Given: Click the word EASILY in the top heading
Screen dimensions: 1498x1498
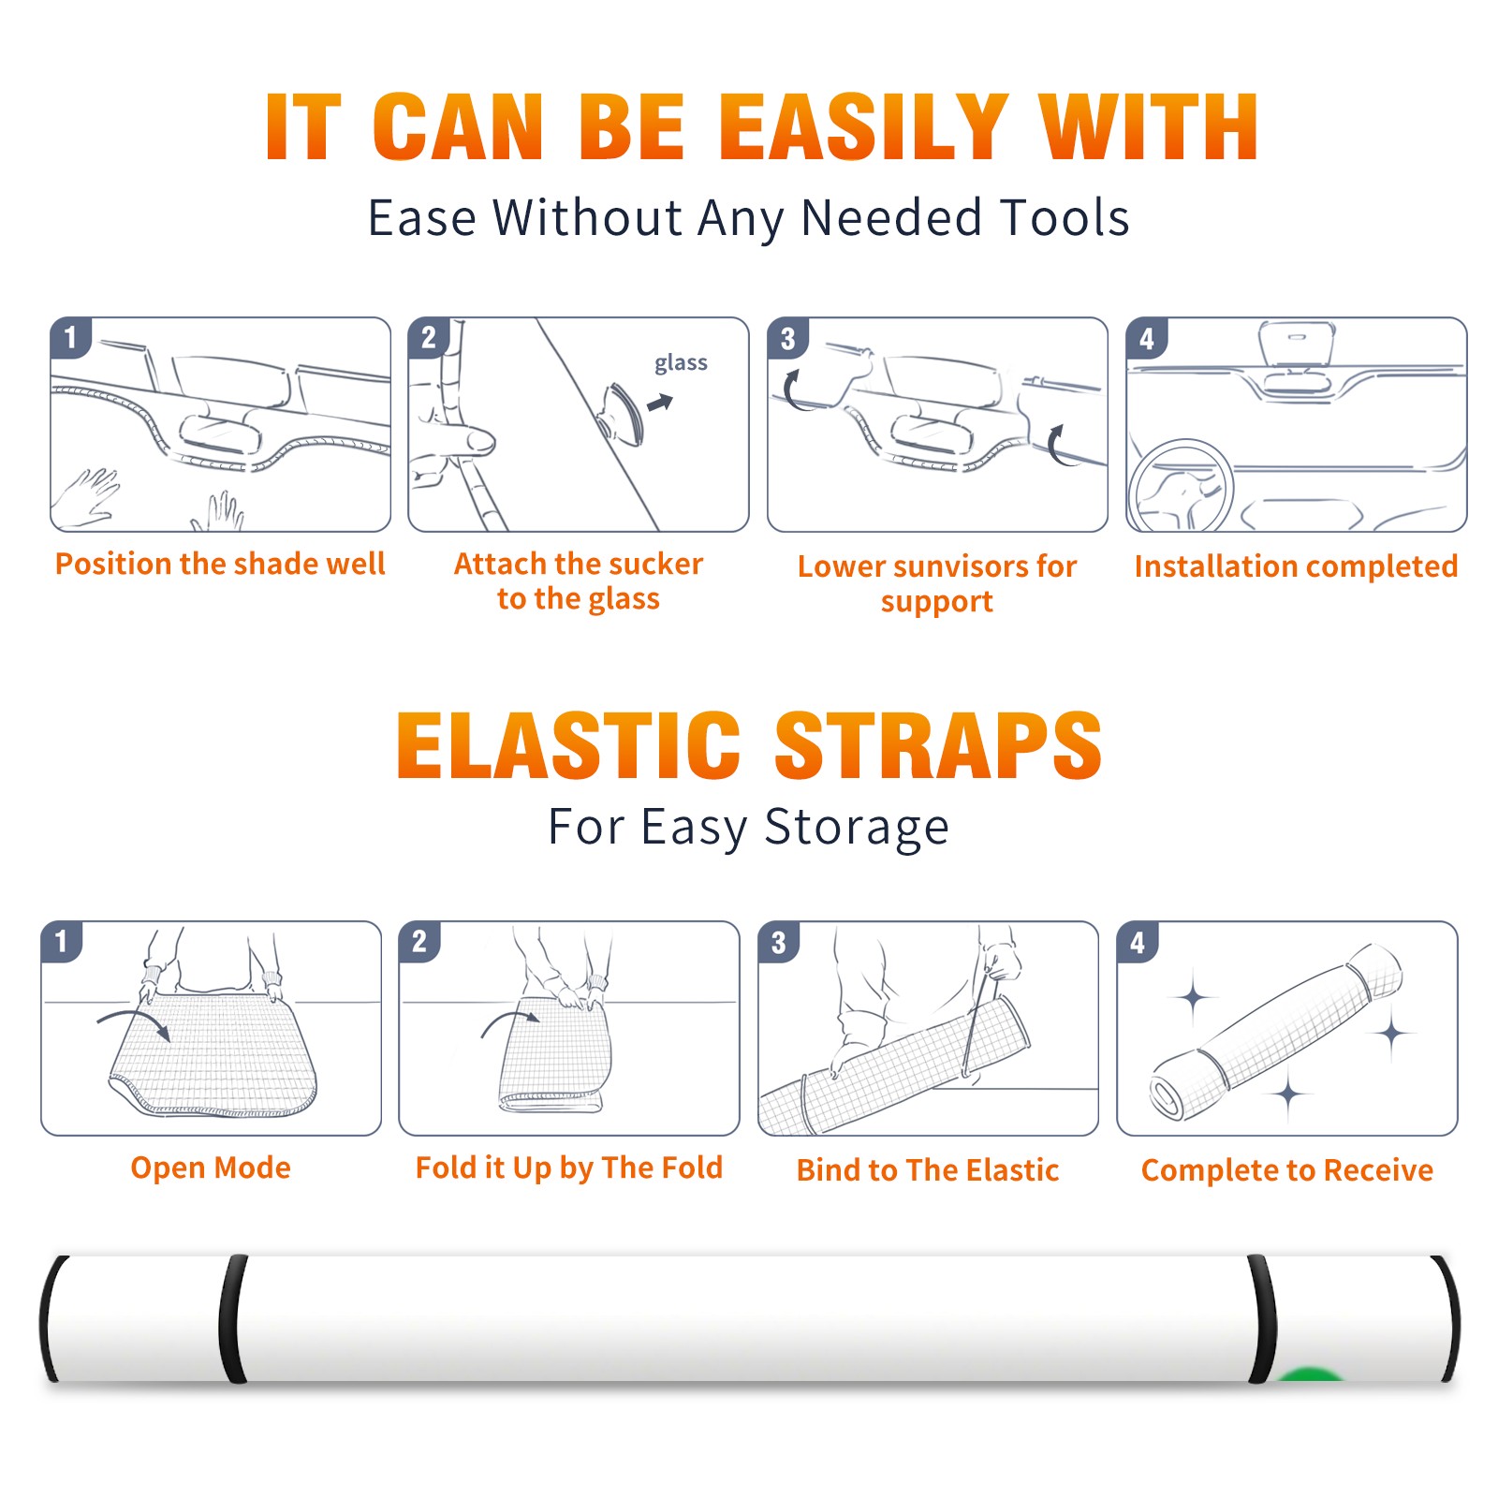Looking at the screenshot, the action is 864,127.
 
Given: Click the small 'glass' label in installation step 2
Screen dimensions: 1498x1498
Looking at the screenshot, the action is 681,363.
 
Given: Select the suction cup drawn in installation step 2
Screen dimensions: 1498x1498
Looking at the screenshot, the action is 623,412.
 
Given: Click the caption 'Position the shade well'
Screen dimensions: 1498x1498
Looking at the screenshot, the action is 220,564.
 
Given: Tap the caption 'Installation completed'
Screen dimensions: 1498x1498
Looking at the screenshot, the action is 1296,565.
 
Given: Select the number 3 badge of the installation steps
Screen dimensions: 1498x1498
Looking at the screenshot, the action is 786,338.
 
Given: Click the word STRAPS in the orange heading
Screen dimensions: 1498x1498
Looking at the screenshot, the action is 938,745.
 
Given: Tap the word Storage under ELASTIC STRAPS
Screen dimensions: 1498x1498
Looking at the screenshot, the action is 857,828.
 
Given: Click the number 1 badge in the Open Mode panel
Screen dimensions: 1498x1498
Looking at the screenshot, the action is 62,941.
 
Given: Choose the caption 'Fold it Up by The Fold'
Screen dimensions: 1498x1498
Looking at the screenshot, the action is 569,1168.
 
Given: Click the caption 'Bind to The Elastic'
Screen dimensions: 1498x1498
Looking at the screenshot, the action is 928,1170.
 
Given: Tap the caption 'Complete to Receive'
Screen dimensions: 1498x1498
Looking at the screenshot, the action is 1287,1170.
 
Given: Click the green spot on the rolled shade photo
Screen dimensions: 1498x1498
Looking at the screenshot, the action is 1310,1374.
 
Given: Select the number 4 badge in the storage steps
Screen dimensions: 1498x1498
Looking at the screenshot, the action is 1138,942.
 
